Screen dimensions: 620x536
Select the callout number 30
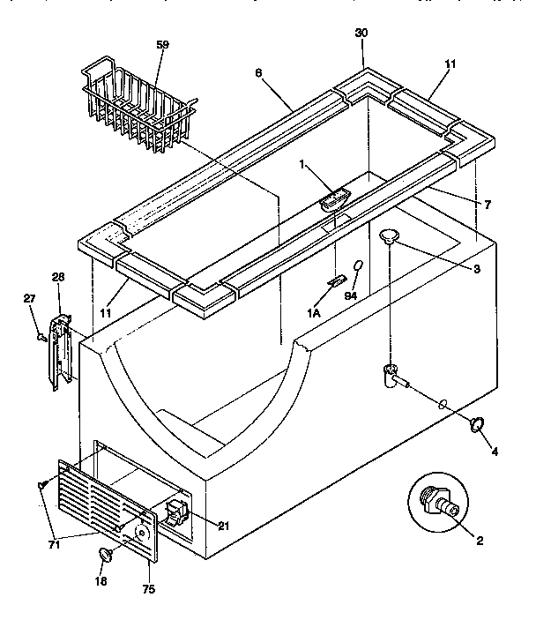(361, 33)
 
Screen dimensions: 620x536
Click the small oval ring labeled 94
(359, 266)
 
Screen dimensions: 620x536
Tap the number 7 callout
(487, 204)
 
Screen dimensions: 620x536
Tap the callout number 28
(59, 278)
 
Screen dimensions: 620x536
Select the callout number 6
(258, 76)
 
